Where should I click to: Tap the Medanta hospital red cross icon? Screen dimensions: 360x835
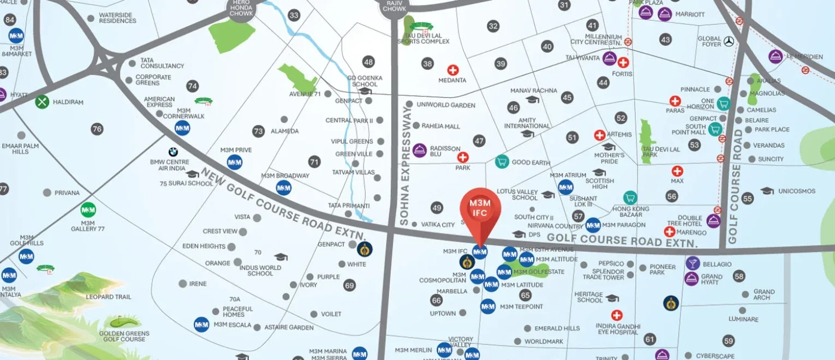point(452,70)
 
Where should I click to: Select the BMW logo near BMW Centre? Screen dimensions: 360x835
point(173,152)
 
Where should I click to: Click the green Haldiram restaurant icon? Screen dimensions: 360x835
point(42,101)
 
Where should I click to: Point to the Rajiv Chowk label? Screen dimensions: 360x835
point(394,7)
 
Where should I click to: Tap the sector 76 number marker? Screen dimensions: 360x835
point(97,129)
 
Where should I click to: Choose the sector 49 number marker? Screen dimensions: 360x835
point(436,208)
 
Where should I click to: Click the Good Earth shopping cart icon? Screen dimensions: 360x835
point(502,161)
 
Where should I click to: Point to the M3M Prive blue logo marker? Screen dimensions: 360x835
point(235,163)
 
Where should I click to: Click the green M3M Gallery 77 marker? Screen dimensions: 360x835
point(88,210)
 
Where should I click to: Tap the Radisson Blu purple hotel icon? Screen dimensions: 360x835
point(419,150)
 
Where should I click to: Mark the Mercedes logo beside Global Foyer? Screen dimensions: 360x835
point(729,41)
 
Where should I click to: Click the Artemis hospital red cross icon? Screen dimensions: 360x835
point(600,135)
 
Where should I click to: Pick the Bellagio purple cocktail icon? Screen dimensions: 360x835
point(693,263)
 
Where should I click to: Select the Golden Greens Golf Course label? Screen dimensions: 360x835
point(122,336)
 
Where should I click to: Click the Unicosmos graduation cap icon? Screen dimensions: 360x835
point(767,191)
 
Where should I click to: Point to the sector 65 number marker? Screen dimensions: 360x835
point(525,295)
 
